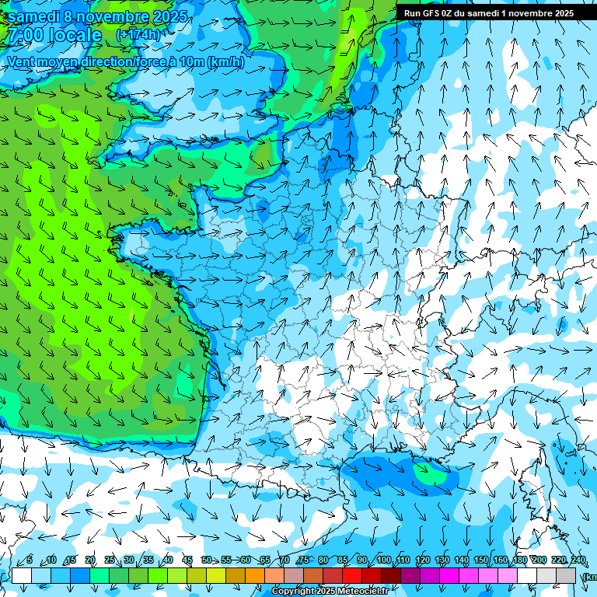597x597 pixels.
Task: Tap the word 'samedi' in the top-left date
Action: pyautogui.click(x=34, y=16)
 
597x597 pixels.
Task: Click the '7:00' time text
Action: pyautogui.click(x=24, y=36)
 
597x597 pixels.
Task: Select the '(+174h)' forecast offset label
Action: pyautogui.click(x=138, y=35)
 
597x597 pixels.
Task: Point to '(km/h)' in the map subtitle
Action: pyautogui.click(x=225, y=62)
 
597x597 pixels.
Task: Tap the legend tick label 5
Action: pyautogui.click(x=29, y=560)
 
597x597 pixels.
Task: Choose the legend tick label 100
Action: pyautogui.click(x=383, y=560)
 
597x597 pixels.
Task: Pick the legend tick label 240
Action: pyautogui.click(x=578, y=560)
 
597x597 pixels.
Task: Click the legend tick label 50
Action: pyautogui.click(x=207, y=560)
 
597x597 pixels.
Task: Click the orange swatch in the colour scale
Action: pyautogui.click(x=255, y=575)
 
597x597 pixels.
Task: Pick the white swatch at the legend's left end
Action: pyautogui.click(x=22, y=575)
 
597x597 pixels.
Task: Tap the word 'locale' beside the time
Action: pyautogui.click(x=77, y=36)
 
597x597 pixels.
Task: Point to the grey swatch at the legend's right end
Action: pyautogui.click(x=566, y=575)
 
